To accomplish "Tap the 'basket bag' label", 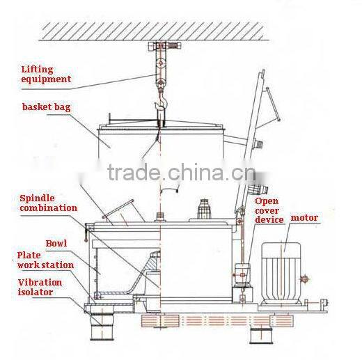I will click(x=47, y=108).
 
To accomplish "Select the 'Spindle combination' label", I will click(x=48, y=203).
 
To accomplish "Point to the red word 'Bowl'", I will click(x=56, y=244).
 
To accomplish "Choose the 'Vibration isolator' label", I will click(x=40, y=288).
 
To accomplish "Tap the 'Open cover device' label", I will click(x=269, y=210).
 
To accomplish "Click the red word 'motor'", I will click(x=304, y=218).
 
